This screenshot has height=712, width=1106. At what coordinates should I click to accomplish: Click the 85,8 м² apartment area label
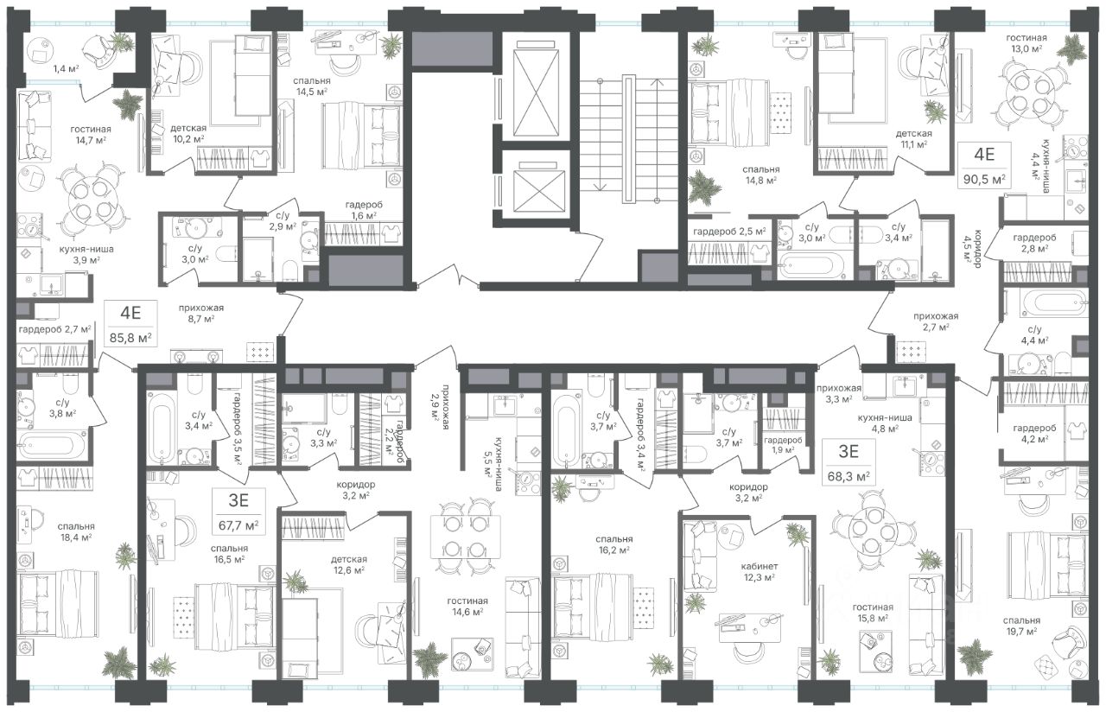point(130,338)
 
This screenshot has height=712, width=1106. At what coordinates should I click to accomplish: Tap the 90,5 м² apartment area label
point(984,179)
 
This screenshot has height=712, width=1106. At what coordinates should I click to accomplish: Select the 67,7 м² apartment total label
point(238,525)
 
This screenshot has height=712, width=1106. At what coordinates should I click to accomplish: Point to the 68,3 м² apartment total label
point(849,477)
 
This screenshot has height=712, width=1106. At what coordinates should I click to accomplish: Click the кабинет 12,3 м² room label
point(759,572)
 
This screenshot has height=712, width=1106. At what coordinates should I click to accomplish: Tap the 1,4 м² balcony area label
point(67,68)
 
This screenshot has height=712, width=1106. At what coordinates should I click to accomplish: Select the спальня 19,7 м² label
point(1021,626)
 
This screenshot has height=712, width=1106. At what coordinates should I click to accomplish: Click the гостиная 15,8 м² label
point(873,613)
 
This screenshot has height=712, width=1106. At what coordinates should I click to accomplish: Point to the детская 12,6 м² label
point(348,564)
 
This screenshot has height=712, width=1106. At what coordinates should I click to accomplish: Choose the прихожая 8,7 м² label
point(201,313)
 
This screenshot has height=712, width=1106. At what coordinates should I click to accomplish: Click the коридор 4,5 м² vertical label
point(972,248)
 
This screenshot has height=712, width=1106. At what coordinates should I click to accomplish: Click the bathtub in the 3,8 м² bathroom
point(52,444)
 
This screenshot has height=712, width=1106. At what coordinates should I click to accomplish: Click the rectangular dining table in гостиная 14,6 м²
point(465,537)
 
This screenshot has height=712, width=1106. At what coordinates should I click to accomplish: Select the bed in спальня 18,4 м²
point(58,609)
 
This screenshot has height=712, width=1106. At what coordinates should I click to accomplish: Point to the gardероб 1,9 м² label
point(783,444)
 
